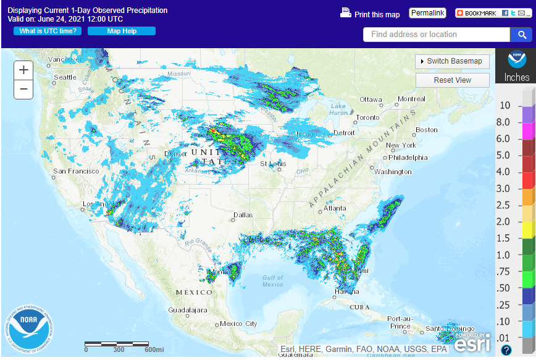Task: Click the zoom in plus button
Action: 23,70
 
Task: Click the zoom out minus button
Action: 23,89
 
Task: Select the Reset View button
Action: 452,80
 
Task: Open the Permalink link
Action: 427,13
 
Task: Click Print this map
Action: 371,14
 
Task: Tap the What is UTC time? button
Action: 48,31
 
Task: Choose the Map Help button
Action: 122,31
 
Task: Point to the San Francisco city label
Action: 75,171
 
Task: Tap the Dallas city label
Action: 243,216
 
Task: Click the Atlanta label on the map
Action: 335,208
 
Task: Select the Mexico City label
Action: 238,324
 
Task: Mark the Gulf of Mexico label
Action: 272,281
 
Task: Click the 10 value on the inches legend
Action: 505,106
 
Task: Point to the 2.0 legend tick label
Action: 503,222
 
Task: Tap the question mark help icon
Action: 506,350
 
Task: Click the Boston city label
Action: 426,130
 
